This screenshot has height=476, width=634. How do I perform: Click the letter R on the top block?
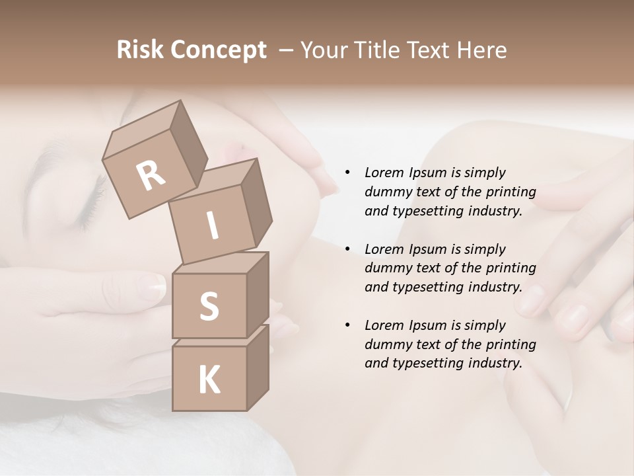click(151, 176)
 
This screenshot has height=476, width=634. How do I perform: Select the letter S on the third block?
click(209, 306)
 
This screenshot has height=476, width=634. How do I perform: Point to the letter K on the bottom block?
click(209, 380)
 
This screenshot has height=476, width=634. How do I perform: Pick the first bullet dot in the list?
click(347, 173)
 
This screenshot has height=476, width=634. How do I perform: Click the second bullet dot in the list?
click(347, 250)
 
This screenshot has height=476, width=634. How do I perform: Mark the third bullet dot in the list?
click(347, 326)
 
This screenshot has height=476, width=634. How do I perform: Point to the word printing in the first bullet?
click(512, 192)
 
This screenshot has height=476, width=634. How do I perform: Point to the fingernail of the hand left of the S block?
click(153, 286)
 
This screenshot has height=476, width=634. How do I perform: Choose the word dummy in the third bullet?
click(386, 344)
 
